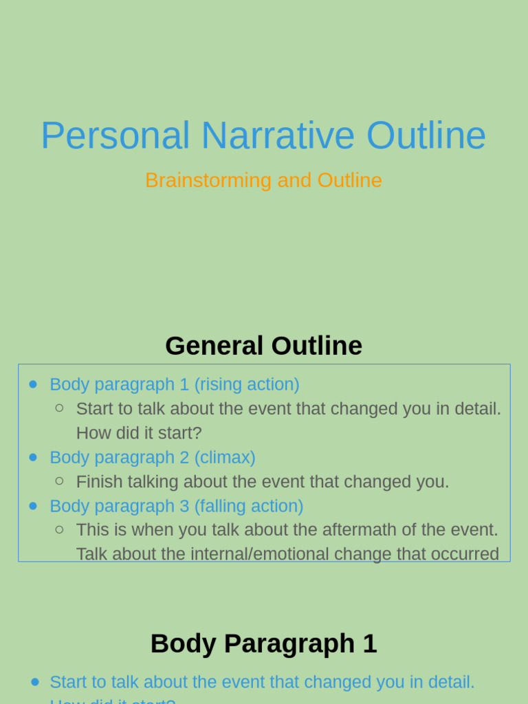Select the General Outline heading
[263, 346]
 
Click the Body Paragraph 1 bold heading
[263, 644]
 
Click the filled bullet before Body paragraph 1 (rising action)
[33, 384]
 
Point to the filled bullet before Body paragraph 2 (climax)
[33, 457]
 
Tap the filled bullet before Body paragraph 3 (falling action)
[33, 506]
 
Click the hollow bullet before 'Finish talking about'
[59, 481]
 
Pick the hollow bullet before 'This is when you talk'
[59, 529]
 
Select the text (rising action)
[246, 384]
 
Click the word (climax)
[224, 457]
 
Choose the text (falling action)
[248, 506]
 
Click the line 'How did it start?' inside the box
[139, 433]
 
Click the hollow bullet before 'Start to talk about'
[59, 408]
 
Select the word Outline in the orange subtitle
[349, 180]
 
